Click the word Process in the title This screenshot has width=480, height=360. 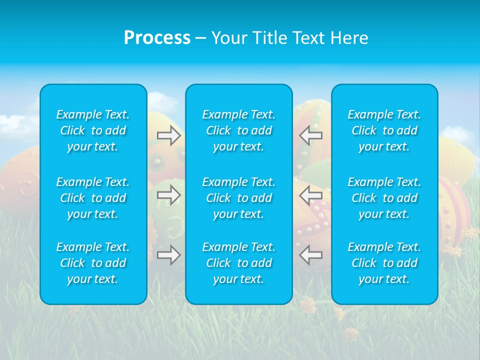(157, 38)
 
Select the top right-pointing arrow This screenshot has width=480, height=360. (169, 135)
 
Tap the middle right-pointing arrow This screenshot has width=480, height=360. (169, 195)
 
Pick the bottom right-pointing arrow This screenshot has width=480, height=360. (169, 255)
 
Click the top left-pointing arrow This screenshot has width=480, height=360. (310, 135)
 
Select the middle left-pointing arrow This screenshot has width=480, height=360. (310, 195)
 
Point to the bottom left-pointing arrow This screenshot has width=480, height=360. (310, 255)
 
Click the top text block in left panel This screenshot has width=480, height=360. (93, 130)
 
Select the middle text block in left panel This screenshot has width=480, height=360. (93, 198)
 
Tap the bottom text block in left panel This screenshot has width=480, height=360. (93, 263)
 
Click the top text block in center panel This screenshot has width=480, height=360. (239, 130)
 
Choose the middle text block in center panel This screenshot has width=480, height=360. (239, 198)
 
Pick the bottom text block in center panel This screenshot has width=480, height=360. (239, 263)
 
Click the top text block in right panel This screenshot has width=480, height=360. (384, 130)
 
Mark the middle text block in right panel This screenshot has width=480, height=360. (384, 198)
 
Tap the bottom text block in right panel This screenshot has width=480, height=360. (384, 263)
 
